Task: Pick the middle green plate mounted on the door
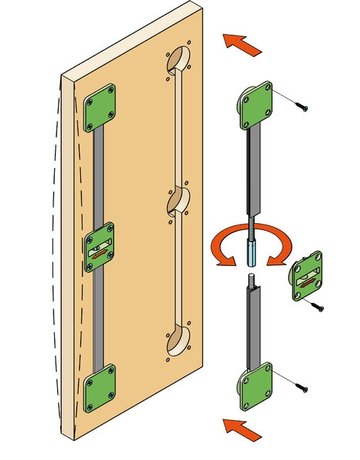point(101,245)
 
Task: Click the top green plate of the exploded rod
point(257,105)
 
